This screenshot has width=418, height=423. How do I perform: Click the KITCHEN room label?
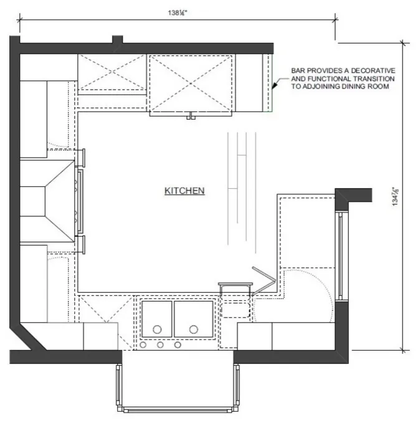(x=184, y=191)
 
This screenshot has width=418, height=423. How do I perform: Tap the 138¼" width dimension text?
(x=178, y=12)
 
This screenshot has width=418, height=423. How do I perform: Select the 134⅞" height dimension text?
(x=396, y=196)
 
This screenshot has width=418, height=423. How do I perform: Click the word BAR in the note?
(x=298, y=70)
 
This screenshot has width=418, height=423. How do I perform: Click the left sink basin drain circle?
(x=157, y=330)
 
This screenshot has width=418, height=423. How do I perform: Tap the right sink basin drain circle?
(x=194, y=330)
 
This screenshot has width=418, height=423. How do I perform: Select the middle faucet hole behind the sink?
(x=160, y=345)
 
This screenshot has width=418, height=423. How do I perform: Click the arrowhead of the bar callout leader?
(x=274, y=85)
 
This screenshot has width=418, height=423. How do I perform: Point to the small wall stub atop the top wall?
(x=117, y=39)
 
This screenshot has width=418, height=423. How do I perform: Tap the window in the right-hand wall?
(x=341, y=256)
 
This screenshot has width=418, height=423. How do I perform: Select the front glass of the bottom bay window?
(x=178, y=411)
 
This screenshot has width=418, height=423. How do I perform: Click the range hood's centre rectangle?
(x=32, y=201)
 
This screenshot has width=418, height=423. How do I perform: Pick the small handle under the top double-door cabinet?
(x=191, y=116)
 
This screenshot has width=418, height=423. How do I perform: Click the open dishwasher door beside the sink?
(x=264, y=280)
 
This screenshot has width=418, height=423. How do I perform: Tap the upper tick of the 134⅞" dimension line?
(x=403, y=43)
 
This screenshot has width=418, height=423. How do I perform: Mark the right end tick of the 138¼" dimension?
(x=335, y=20)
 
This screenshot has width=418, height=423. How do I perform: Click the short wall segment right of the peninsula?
(x=353, y=196)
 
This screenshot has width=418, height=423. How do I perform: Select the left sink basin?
(x=157, y=319)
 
